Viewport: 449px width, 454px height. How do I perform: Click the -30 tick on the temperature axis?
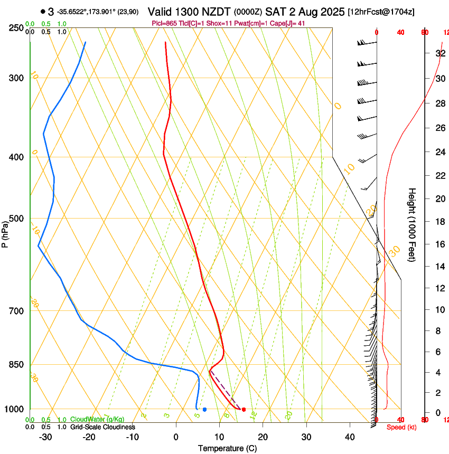tap(45, 437)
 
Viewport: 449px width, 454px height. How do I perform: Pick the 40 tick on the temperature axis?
tap(349, 437)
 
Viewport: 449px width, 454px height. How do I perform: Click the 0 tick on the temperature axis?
tap(176, 437)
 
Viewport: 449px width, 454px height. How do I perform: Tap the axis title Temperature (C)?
tap(227, 448)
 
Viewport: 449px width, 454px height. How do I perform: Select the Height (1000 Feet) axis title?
tap(412, 225)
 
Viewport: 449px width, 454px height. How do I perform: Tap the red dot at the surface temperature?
tap(244, 409)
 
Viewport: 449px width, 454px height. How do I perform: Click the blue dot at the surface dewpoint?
tap(204, 409)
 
